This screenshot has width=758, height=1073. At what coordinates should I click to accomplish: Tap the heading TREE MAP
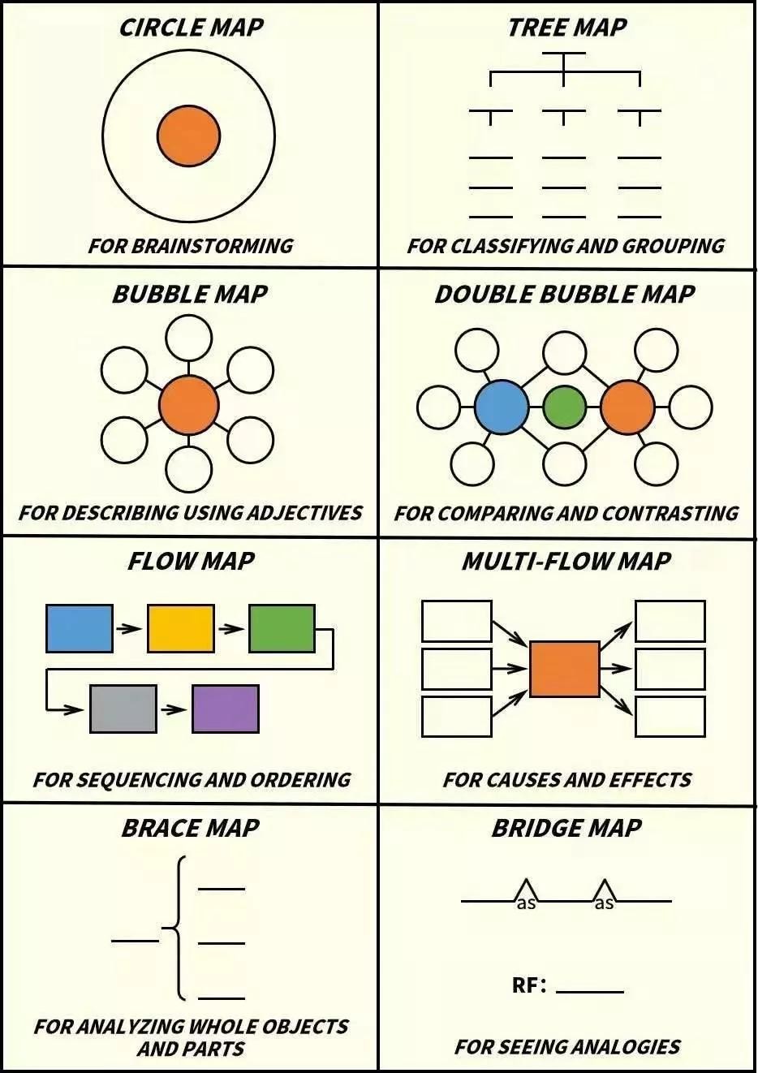pyautogui.click(x=566, y=28)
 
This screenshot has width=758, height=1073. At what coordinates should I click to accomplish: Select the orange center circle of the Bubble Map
pyautogui.click(x=188, y=405)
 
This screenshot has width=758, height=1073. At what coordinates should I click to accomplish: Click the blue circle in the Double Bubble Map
pyautogui.click(x=502, y=407)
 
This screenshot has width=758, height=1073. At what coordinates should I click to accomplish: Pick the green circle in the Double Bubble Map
pyautogui.click(x=564, y=407)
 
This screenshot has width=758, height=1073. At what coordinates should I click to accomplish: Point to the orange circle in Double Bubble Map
pyautogui.click(x=627, y=407)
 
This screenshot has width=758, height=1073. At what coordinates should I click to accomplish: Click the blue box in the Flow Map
pyautogui.click(x=80, y=628)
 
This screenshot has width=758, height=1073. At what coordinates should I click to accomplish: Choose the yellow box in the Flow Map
pyautogui.click(x=181, y=628)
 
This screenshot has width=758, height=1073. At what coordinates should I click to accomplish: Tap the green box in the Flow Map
pyautogui.click(x=282, y=628)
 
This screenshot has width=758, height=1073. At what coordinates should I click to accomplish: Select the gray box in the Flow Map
pyautogui.click(x=123, y=709)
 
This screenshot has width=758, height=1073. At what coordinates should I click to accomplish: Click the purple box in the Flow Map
pyautogui.click(x=226, y=709)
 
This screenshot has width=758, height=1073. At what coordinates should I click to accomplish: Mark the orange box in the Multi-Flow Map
pyautogui.click(x=564, y=669)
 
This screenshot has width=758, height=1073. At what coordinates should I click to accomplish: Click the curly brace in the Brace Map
pyautogui.click(x=177, y=928)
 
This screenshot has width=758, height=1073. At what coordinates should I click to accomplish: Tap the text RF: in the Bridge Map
pyautogui.click(x=529, y=985)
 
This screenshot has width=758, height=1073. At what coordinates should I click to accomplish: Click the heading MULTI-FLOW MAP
pyautogui.click(x=566, y=561)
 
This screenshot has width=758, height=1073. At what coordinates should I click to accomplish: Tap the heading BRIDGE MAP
pyautogui.click(x=566, y=828)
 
